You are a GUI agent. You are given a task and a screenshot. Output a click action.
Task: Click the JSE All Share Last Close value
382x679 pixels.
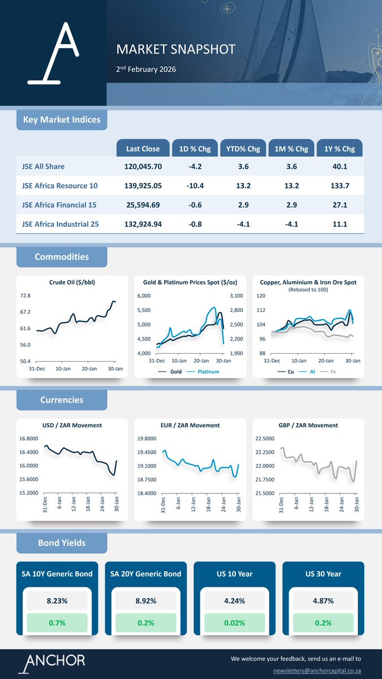click(143, 166)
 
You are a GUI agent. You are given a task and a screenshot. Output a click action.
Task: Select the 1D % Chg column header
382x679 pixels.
click(194, 149)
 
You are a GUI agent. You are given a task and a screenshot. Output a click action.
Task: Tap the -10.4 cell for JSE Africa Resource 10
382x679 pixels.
click(194, 186)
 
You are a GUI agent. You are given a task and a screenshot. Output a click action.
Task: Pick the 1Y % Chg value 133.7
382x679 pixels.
click(340, 186)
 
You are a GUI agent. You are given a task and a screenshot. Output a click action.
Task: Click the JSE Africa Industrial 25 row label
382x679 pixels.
click(60, 224)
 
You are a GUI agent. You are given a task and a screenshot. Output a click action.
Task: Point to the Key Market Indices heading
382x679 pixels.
click(62, 120)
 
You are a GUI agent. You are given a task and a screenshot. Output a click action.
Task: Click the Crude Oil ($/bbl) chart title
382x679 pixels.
click(72, 282)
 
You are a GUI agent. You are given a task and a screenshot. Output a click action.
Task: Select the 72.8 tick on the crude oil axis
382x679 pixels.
click(25, 296)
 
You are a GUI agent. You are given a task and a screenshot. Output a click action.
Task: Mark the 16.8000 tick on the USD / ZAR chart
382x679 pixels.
click(29, 439)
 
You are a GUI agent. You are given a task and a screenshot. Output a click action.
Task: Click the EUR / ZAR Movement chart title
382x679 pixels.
click(190, 425)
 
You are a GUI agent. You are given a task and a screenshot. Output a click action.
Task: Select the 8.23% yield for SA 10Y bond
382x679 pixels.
click(57, 601)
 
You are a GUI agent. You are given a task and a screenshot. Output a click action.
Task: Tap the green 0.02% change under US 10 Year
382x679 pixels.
click(234, 623)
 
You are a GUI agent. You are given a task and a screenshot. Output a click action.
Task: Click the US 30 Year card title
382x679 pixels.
click(323, 574)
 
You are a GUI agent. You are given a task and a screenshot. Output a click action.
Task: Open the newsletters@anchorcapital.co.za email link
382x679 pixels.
click(317, 670)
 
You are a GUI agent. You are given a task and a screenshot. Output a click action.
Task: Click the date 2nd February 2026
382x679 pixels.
click(146, 70)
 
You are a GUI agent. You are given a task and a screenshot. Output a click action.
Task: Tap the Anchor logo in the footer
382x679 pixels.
click(52, 663)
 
